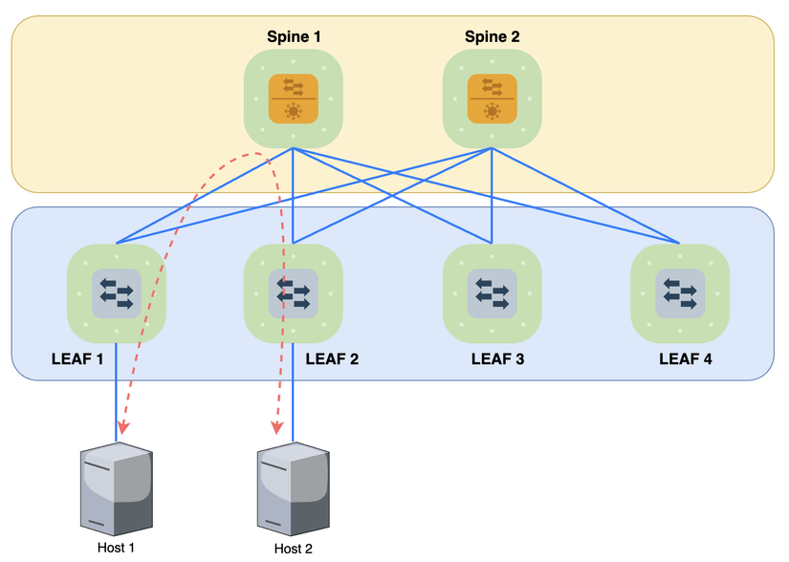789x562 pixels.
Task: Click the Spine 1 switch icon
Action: (293, 98)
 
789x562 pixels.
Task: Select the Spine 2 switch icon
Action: (492, 98)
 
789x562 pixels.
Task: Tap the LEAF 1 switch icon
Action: (117, 292)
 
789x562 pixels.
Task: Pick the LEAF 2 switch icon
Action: (293, 292)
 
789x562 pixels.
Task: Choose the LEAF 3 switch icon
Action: (492, 292)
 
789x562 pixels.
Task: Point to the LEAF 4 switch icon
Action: (680, 292)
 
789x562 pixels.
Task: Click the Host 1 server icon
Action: (117, 488)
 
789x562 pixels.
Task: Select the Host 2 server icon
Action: (293, 488)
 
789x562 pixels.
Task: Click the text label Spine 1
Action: (294, 36)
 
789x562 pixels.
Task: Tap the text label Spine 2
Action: (492, 36)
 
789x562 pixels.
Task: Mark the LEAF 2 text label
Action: (332, 360)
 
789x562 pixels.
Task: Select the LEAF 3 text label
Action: (497, 360)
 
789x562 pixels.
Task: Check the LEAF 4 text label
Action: (686, 360)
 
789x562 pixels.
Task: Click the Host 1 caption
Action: (116, 548)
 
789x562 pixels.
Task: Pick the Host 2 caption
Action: (293, 549)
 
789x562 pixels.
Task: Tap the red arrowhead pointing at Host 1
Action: (124, 427)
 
